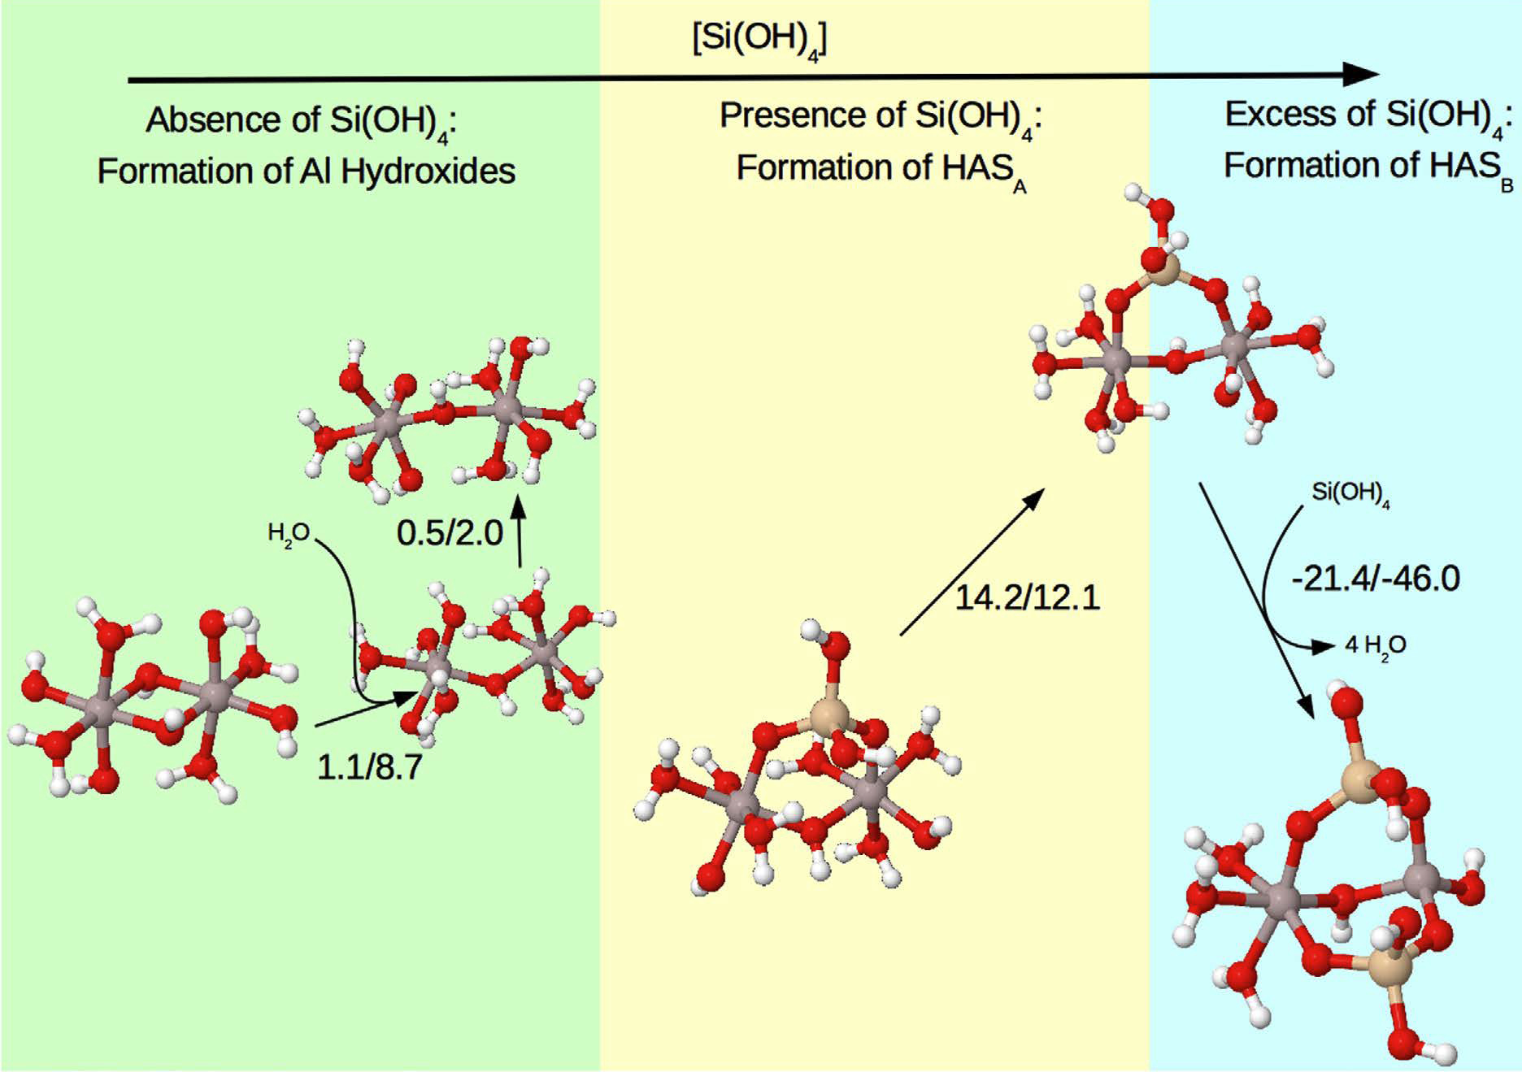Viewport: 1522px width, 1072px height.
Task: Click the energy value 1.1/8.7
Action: [369, 766]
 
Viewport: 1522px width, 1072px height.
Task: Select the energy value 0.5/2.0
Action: [450, 533]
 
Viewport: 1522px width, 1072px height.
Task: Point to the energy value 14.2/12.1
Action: [1026, 597]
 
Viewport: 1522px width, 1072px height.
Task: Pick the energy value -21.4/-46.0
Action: [1375, 579]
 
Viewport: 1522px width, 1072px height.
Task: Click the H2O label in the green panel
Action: [289, 534]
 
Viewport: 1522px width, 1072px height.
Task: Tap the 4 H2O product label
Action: [1375, 645]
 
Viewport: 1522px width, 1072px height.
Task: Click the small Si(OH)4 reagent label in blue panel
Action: [1350, 493]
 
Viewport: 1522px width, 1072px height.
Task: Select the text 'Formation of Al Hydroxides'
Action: [307, 171]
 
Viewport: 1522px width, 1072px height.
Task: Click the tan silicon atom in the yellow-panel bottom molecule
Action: [829, 718]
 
